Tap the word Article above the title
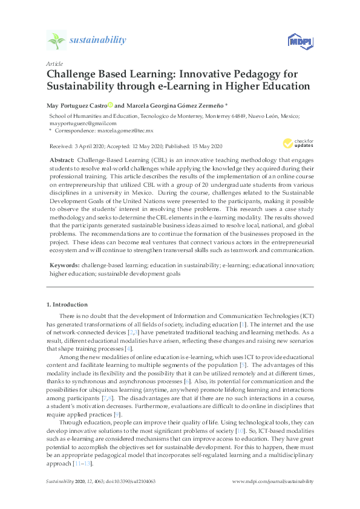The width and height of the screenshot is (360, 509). (54, 63)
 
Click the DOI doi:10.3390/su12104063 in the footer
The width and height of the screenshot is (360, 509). (130, 481)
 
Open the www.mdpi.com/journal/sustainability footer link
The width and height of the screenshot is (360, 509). (272, 481)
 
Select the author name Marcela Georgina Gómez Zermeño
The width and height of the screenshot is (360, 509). (174, 105)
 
